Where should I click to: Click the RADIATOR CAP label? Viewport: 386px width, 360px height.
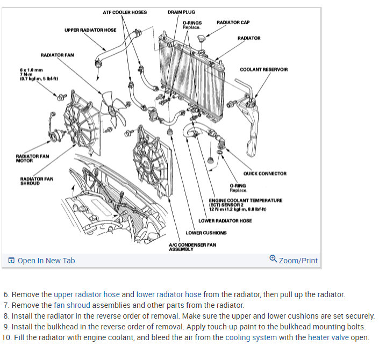pyautogui.click(x=233, y=23)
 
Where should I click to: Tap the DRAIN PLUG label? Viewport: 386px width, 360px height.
pyautogui.click(x=181, y=12)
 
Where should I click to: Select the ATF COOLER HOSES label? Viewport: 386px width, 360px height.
pyautogui.click(x=125, y=12)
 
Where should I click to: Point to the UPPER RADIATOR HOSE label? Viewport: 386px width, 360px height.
pyautogui.click(x=90, y=30)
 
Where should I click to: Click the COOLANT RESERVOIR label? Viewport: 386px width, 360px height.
pyautogui.click(x=263, y=69)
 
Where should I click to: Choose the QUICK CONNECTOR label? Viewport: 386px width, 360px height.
pyautogui.click(x=265, y=174)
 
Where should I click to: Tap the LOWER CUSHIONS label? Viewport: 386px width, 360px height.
pyautogui.click(x=206, y=233)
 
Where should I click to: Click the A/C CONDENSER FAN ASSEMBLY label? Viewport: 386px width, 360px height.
pyautogui.click(x=192, y=247)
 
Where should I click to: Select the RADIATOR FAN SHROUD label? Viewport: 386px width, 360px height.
pyautogui.click(x=37, y=181)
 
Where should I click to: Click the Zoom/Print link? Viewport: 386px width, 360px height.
pyautogui.click(x=294, y=261)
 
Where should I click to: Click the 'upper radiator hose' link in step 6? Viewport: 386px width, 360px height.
pyautogui.click(x=87, y=294)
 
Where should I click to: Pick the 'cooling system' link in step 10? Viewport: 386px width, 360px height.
pyautogui.click(x=251, y=337)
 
